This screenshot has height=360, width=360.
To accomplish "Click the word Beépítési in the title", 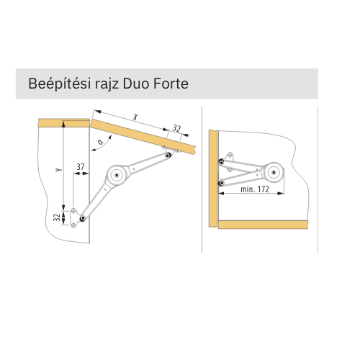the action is pos(59,84).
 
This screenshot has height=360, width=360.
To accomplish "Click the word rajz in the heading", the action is pos(106,84).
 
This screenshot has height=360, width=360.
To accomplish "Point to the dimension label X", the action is pos(136,117).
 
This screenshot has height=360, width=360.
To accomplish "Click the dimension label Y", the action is pos(58,170).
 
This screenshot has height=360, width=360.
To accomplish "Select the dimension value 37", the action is pos(81,166).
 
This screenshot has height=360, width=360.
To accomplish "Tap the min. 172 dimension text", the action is pos(255,189).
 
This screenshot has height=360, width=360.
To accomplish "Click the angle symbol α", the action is pos(101,142).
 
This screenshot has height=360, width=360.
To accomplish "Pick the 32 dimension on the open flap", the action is pos(176,129).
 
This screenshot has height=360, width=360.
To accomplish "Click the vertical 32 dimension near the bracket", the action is pos(57,217).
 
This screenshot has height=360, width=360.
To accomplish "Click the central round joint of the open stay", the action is pos(117,176).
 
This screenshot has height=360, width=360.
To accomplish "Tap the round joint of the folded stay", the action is pos(274,172).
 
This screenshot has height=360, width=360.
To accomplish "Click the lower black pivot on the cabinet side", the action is pos(83,218).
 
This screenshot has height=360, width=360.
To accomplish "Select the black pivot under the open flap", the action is pos(168,156).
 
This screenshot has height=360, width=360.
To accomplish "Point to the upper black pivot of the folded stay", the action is pos(221,161).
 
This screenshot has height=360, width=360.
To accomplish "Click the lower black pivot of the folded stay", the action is pos(221,184).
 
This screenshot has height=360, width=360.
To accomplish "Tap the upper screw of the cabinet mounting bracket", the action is pos(73,211).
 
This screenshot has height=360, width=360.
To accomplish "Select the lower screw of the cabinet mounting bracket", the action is pos(73,225).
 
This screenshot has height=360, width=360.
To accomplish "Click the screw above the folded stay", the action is pos(230,154).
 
